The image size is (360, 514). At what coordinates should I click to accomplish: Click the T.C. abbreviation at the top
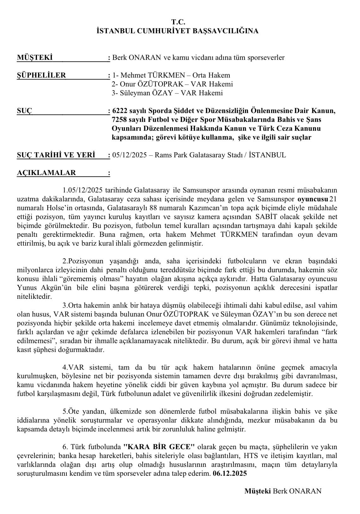(178, 22)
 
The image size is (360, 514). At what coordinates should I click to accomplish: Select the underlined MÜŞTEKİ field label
(34, 58)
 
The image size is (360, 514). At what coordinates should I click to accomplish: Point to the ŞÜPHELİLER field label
(41, 75)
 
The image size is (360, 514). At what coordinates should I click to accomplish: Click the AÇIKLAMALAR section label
(47, 173)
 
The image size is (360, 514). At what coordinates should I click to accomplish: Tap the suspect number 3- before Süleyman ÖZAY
(115, 93)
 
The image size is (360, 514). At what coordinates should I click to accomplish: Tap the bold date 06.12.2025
(230, 473)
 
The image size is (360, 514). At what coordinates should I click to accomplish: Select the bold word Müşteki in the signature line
(257, 491)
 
